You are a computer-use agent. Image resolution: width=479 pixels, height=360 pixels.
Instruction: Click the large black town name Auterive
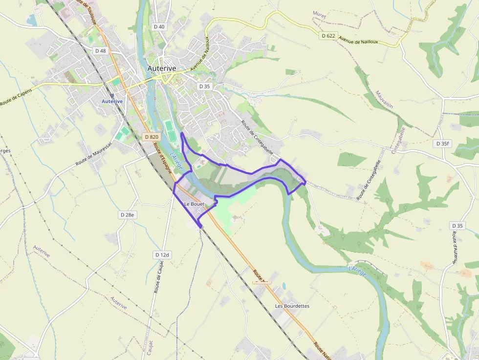pyautogui.click(x=161, y=69)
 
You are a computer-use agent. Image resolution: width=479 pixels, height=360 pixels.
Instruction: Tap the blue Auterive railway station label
pyautogui.click(x=112, y=101)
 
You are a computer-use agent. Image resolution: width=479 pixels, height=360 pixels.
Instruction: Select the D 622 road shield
pyautogui.click(x=329, y=36)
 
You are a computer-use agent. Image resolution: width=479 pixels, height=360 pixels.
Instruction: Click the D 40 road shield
pyautogui.click(x=159, y=27)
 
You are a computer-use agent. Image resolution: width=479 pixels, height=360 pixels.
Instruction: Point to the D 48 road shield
pyautogui.click(x=101, y=51)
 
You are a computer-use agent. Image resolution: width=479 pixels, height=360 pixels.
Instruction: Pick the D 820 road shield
pyautogui.click(x=152, y=137)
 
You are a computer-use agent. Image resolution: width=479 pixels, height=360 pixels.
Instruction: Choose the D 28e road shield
pyautogui.click(x=128, y=214)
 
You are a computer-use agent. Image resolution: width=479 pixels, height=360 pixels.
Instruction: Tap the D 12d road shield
pyautogui.click(x=162, y=254)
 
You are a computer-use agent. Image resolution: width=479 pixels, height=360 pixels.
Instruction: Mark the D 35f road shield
pyautogui.click(x=442, y=144)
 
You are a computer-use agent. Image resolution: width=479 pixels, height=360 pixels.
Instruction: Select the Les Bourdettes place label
pyautogui.click(x=292, y=306)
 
